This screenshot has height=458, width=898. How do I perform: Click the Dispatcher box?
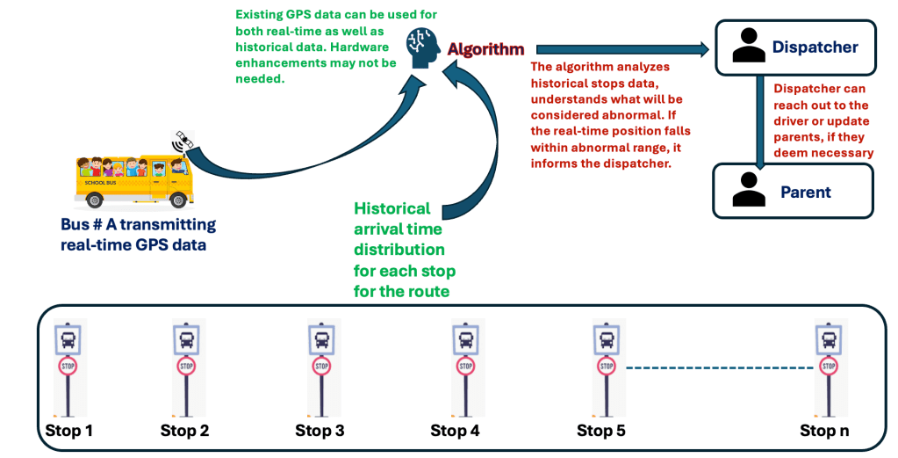(x=794, y=47)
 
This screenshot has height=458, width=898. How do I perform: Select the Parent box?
(x=793, y=191)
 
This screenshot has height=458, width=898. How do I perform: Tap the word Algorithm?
(x=485, y=49)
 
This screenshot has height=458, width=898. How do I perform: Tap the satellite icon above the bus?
(x=183, y=141)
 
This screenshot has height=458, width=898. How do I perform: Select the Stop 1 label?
(x=68, y=431)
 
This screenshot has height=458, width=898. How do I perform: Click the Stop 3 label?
(x=320, y=431)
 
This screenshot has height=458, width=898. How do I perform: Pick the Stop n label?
(x=824, y=431)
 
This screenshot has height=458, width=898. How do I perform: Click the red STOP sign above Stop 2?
(x=186, y=366)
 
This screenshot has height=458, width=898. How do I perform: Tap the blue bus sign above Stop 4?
(x=465, y=338)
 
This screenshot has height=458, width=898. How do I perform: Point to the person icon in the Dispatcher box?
(x=749, y=47)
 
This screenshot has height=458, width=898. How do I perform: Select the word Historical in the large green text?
(x=392, y=208)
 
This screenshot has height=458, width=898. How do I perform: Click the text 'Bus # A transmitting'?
(x=138, y=226)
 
